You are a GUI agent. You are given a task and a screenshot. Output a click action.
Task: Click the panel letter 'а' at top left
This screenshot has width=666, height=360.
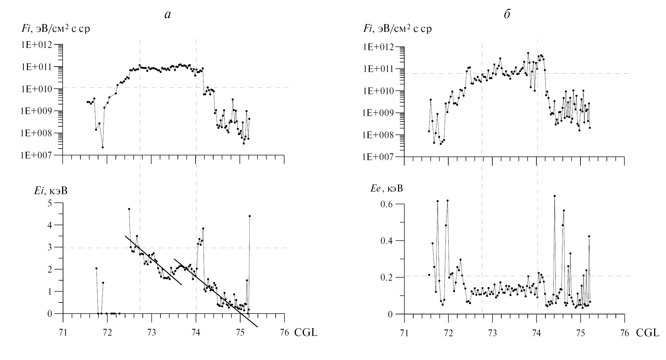[x=167, y=15]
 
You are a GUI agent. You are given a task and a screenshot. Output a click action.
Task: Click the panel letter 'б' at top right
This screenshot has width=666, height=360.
[x=507, y=14]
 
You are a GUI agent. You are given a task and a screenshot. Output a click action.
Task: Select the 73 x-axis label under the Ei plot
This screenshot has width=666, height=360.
[x=151, y=333]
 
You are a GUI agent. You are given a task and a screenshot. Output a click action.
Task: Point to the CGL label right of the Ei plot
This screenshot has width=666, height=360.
[x=306, y=333]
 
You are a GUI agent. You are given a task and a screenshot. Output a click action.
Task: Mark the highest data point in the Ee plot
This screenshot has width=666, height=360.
[x=554, y=196]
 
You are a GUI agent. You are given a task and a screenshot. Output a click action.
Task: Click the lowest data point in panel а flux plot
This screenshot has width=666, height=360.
[x=103, y=147]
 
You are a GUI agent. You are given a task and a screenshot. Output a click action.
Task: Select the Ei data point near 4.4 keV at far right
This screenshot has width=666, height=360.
[x=250, y=216]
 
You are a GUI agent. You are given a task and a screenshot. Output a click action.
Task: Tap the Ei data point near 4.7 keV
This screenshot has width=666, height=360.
[x=129, y=209]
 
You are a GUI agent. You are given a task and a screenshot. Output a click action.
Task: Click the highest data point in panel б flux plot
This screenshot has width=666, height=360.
[x=528, y=53]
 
